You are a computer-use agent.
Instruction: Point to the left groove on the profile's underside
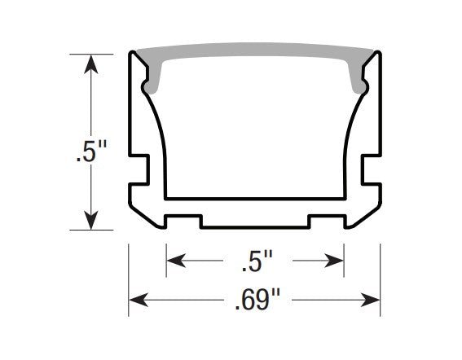tap(183, 220)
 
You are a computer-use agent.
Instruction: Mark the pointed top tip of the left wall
tap(133, 53)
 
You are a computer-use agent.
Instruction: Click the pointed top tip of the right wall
tap(376, 53)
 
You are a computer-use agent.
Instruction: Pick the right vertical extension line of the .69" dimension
tap(381, 277)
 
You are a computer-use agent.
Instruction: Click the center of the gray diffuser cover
tap(255, 52)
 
